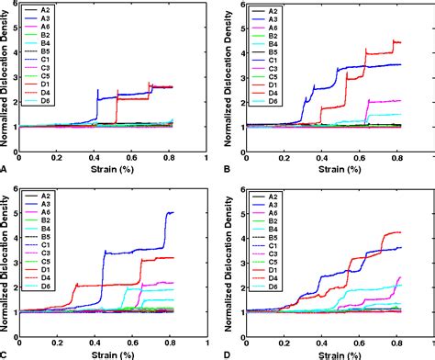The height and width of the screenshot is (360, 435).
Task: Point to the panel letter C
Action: (5, 354)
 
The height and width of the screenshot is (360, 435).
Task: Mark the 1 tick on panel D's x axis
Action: (428, 344)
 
